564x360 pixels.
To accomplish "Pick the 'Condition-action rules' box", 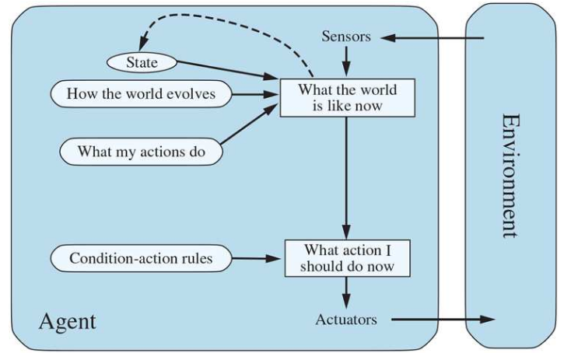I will point(141,258).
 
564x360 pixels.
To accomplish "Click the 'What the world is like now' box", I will point(346,97).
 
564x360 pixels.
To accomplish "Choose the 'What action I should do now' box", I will point(346,260).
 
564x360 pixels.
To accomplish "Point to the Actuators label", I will point(346,320).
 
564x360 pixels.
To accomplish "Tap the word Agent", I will point(68,320).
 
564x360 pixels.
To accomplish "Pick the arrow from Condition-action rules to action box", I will point(257,259).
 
